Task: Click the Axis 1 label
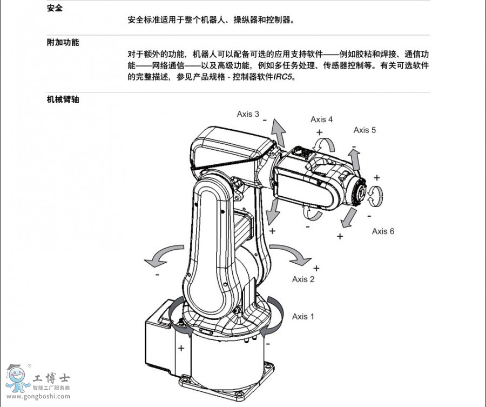[303, 316]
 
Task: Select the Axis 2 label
[303, 279]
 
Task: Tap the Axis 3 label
[248, 114]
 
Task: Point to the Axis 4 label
[321, 119]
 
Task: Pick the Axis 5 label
[364, 130]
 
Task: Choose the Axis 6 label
[383, 231]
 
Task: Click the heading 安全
[55, 9]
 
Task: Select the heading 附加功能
[63, 42]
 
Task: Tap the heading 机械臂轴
[63, 99]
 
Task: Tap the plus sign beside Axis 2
[316, 268]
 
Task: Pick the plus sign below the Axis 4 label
[319, 132]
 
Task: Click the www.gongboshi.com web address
[38, 396]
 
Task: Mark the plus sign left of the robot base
[181, 348]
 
